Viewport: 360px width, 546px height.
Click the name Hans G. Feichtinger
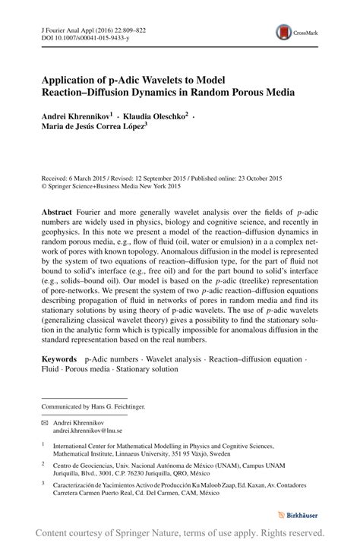click(x=118, y=406)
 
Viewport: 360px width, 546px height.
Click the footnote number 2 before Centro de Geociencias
click(x=44, y=461)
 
